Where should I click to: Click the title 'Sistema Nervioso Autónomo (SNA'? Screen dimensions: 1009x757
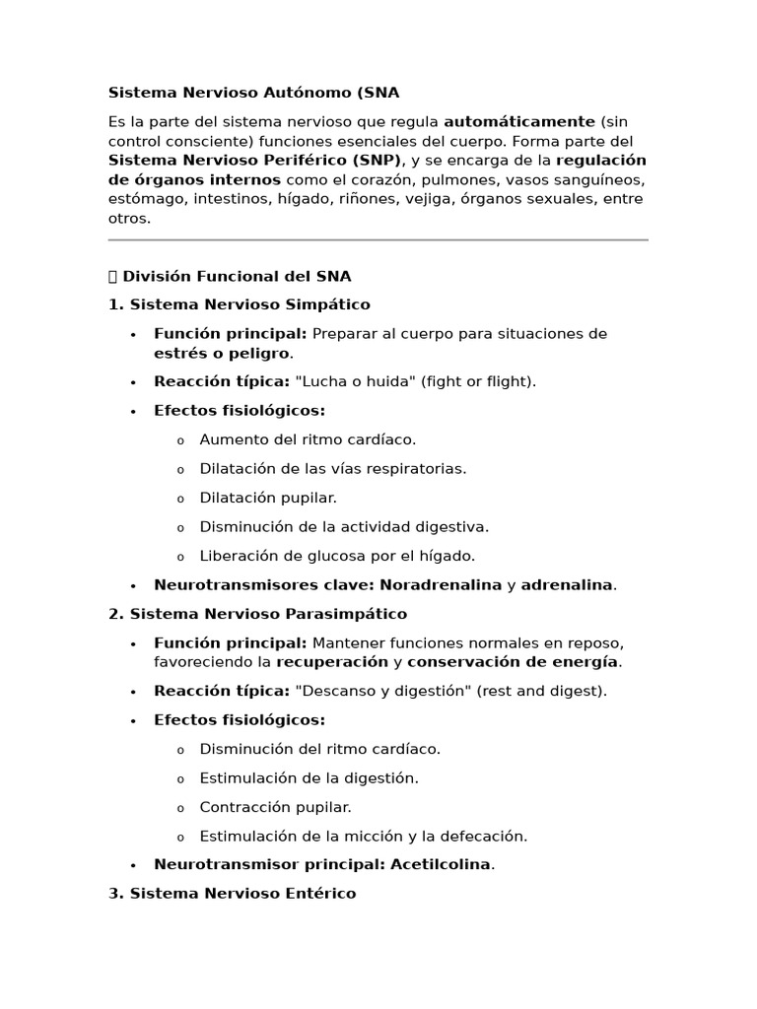point(253,93)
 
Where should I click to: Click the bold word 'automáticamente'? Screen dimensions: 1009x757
point(519,121)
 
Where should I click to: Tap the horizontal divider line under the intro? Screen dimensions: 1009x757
point(378,239)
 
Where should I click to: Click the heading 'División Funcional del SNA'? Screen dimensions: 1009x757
point(236,276)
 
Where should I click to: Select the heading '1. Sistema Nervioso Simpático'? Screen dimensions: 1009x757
point(240,304)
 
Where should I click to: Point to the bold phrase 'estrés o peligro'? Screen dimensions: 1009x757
point(222,353)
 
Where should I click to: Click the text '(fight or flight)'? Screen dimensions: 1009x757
point(478,381)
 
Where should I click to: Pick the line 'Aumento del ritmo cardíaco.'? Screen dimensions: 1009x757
point(308,439)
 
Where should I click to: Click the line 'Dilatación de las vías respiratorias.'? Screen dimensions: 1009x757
point(332,468)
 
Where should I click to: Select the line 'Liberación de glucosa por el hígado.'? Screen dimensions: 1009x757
point(337,556)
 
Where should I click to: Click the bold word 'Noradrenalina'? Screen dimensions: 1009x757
point(441,584)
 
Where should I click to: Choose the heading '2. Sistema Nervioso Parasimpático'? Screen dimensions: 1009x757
point(257,614)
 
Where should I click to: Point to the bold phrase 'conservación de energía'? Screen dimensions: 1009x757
point(513,661)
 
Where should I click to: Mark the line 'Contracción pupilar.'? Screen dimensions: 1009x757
point(275,807)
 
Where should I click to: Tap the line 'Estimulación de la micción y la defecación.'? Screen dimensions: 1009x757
point(363,836)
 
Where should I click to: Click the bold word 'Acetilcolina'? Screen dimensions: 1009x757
point(441,864)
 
